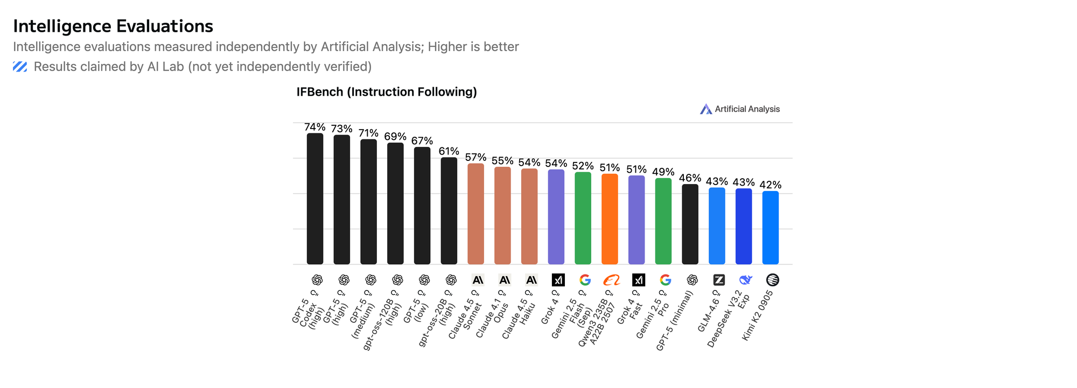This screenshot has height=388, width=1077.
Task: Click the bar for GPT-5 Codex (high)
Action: (x=315, y=199)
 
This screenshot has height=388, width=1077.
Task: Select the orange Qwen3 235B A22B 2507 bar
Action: (x=610, y=219)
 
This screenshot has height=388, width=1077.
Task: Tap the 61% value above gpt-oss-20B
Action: (x=449, y=151)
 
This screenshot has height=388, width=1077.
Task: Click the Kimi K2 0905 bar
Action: (x=771, y=228)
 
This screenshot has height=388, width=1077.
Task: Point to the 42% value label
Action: (x=771, y=185)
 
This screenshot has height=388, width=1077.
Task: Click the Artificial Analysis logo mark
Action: (x=706, y=109)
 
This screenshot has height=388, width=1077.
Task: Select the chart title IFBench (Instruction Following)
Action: (x=387, y=92)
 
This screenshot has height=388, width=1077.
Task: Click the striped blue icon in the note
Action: (x=20, y=67)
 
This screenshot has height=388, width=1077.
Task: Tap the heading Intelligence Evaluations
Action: (x=113, y=26)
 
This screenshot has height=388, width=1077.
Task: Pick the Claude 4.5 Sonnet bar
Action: (x=476, y=214)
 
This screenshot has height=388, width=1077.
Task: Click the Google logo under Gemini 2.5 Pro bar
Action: (x=666, y=280)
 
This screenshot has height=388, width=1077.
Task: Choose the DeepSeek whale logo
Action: (x=745, y=280)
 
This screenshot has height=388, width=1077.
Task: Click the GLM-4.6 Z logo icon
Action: (x=719, y=280)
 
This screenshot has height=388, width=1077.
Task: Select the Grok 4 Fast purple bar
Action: (x=637, y=220)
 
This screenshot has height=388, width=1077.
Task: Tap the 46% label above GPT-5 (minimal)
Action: (x=690, y=178)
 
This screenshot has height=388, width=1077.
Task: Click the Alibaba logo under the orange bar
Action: (x=612, y=280)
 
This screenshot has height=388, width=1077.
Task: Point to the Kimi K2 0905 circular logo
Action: (x=772, y=280)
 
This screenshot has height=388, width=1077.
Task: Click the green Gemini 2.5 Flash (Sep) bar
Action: (x=583, y=218)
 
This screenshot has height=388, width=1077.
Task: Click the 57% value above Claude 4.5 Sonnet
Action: (x=476, y=157)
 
